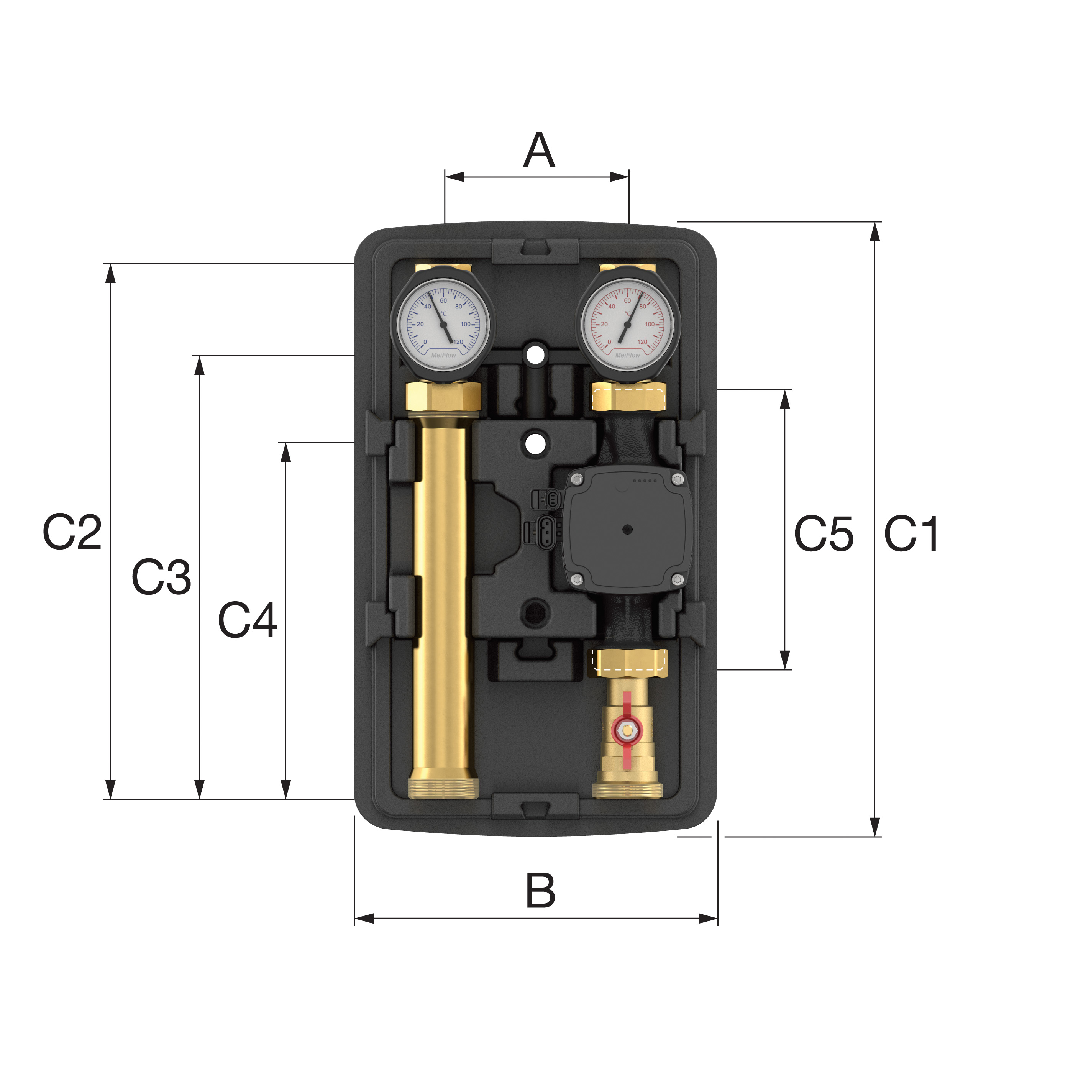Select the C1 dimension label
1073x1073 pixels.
(911, 534)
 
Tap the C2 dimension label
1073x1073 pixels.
(72, 532)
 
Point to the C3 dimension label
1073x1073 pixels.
(161, 577)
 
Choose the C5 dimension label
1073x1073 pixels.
(824, 534)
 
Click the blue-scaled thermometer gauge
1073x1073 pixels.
(443, 324)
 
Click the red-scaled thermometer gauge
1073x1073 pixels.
(628, 324)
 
